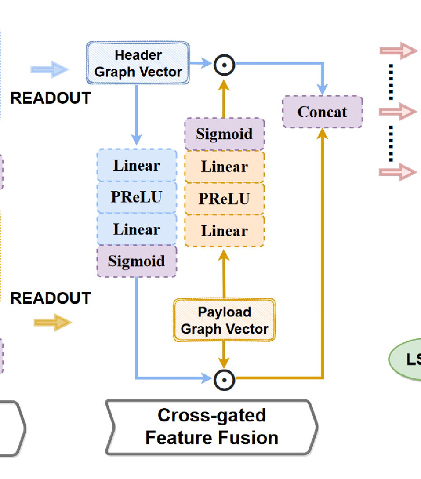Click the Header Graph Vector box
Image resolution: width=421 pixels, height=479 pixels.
(x=138, y=63)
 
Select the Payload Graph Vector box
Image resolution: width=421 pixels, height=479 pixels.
(x=224, y=320)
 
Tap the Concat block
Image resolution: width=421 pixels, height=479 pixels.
(x=322, y=112)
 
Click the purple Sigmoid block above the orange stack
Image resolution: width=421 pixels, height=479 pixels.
(x=224, y=134)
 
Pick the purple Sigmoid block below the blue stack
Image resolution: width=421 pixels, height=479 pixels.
(x=136, y=261)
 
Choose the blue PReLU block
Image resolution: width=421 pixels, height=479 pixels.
(x=136, y=197)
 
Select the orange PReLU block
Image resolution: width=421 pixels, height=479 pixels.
(x=224, y=199)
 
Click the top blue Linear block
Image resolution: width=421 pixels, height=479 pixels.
(x=136, y=165)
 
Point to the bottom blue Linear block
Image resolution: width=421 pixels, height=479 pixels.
(x=136, y=229)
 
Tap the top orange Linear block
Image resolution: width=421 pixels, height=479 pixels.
(x=224, y=167)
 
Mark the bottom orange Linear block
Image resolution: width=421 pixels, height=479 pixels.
(x=224, y=231)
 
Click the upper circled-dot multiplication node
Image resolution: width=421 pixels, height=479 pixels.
(x=224, y=65)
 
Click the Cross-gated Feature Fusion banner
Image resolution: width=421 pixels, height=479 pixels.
(x=211, y=427)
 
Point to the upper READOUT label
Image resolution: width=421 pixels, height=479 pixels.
(x=50, y=98)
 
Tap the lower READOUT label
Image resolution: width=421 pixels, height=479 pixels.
(x=50, y=298)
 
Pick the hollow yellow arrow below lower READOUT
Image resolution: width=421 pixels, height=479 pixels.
(x=53, y=322)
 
